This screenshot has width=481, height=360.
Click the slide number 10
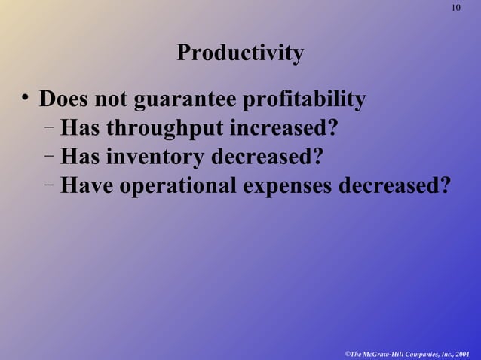point(455,8)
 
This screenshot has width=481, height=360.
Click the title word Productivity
point(240,53)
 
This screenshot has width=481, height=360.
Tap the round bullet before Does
point(25,98)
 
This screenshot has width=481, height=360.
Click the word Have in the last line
point(84,185)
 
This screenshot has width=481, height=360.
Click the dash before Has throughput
point(48,128)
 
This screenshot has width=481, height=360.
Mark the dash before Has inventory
point(48,156)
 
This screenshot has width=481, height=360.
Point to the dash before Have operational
point(48,184)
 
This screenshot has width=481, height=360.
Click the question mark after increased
point(332,129)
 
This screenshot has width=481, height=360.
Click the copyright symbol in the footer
point(347,352)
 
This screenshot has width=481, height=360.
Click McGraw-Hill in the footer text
point(385,352)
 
